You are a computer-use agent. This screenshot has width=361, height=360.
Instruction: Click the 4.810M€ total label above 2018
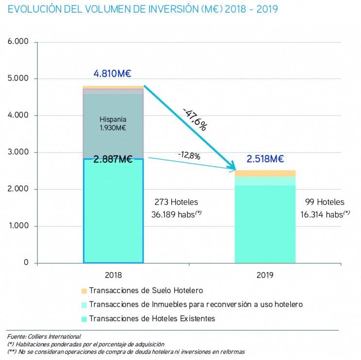click(x=113, y=74)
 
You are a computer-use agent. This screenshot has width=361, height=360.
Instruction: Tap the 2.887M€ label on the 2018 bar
click(x=113, y=159)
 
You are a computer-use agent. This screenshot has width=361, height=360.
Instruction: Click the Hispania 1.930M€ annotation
click(x=113, y=124)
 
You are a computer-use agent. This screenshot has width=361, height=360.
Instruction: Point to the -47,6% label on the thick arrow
click(x=195, y=116)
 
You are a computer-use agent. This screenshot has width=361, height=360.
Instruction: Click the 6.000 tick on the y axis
click(x=18, y=42)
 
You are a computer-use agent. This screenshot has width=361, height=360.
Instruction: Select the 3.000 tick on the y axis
click(x=18, y=152)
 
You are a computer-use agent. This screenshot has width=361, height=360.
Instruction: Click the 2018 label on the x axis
click(x=113, y=275)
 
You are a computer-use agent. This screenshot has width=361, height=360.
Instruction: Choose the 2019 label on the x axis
click(x=264, y=275)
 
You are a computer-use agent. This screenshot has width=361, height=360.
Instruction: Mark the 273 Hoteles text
click(x=176, y=202)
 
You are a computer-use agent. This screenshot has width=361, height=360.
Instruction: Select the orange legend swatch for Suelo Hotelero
click(x=84, y=291)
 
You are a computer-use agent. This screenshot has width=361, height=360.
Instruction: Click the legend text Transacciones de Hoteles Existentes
click(x=152, y=318)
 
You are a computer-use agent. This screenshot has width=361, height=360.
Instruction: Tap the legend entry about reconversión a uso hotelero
click(x=196, y=304)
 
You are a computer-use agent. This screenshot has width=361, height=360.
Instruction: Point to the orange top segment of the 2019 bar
click(x=265, y=173)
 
